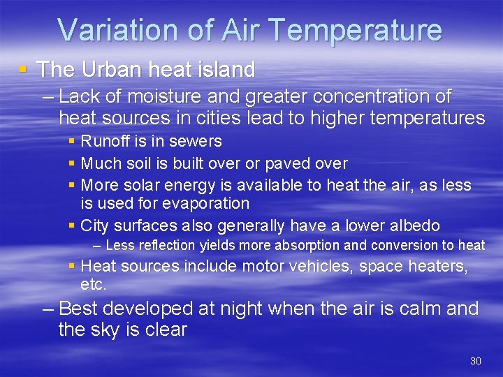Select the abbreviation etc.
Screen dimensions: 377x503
click(x=93, y=284)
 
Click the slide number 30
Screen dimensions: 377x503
click(x=476, y=361)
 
